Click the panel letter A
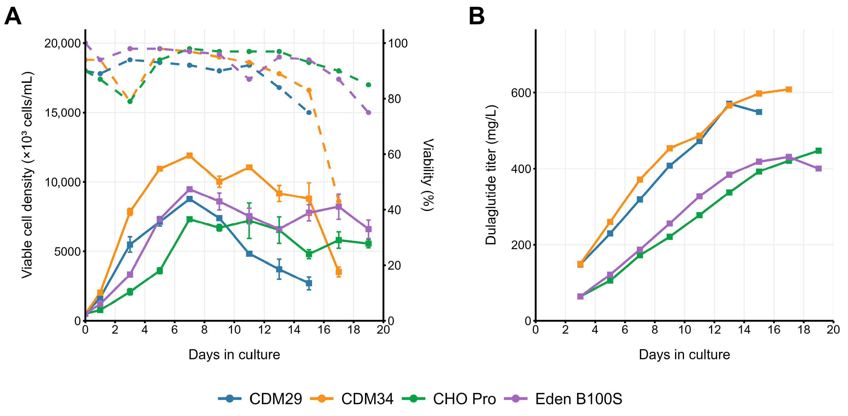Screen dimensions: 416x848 tap(13, 16)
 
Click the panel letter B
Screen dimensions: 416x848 tap(476, 16)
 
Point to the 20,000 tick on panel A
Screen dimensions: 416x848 tap(63, 43)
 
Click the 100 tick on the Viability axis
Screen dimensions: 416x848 tap(398, 43)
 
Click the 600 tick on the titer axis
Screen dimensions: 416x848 tap(521, 93)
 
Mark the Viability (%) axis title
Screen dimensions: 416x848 tap(428, 175)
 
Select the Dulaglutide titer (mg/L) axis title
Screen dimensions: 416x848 tap(491, 175)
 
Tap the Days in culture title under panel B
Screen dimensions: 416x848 tap(684, 355)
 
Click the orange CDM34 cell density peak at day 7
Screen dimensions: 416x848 tap(190, 155)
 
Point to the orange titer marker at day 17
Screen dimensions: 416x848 tap(789, 89)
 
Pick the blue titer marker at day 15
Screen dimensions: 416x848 tap(759, 112)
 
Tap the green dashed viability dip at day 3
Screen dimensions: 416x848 tap(130, 101)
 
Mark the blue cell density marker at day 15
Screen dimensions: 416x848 tap(309, 283)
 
